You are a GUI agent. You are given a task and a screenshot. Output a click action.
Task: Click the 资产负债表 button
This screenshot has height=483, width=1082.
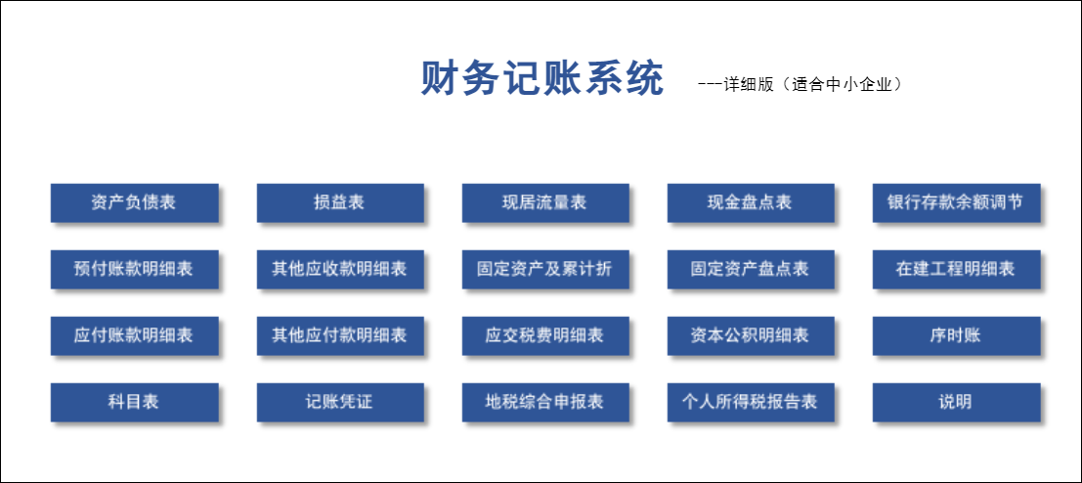pyautogui.click(x=134, y=202)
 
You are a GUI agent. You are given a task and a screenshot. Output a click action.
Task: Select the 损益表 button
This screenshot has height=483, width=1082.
pyautogui.click(x=339, y=202)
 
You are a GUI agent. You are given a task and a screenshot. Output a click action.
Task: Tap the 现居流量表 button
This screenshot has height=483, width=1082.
pyautogui.click(x=544, y=202)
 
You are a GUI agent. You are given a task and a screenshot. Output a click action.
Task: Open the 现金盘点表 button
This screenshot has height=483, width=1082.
pyautogui.click(x=750, y=202)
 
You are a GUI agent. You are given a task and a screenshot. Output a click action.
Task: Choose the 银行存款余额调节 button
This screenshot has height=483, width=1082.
pyautogui.click(x=956, y=202)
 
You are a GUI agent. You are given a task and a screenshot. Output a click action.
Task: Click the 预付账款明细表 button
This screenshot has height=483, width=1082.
pyautogui.click(x=134, y=269)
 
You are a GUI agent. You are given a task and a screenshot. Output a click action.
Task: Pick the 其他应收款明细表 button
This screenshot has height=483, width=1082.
pyautogui.click(x=339, y=269)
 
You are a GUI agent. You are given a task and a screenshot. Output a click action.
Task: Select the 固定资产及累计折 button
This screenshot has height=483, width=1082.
pyautogui.click(x=544, y=269)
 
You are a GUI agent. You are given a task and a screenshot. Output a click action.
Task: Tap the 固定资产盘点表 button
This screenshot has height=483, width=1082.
pyautogui.click(x=750, y=269)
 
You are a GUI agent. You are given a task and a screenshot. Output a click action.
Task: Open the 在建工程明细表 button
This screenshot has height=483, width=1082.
pyautogui.click(x=956, y=269)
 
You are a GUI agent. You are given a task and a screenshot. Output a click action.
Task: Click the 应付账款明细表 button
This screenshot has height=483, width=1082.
pyautogui.click(x=134, y=335)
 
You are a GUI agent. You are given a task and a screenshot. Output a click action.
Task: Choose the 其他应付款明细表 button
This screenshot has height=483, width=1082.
pyautogui.click(x=339, y=335)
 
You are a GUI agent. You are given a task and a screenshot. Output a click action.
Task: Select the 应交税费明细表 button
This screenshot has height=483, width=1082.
pyautogui.click(x=544, y=335)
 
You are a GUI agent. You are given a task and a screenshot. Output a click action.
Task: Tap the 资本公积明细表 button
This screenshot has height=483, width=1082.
pyautogui.click(x=750, y=335)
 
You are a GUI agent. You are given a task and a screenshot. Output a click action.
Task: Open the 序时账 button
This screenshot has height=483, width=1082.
pyautogui.click(x=956, y=335)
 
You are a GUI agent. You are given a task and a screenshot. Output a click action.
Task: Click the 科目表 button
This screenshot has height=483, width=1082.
pyautogui.click(x=134, y=402)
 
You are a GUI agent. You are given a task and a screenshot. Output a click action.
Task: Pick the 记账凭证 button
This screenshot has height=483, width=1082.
pyautogui.click(x=339, y=402)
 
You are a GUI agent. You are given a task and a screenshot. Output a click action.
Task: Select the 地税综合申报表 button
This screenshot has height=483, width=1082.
pyautogui.click(x=544, y=402)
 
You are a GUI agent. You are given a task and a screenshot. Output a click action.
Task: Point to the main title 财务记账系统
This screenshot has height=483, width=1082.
pyautogui.click(x=541, y=78)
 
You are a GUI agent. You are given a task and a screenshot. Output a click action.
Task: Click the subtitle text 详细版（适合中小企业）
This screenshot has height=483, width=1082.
pyautogui.click(x=811, y=84)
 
